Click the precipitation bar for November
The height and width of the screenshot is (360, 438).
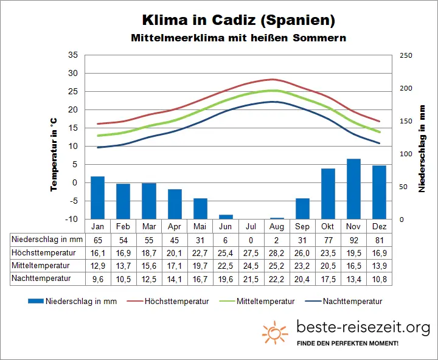353,189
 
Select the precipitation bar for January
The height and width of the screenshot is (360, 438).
98,198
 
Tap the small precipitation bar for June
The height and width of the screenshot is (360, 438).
226,216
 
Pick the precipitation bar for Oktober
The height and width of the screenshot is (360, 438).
328,193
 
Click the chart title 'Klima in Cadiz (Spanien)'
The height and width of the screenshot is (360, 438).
238,20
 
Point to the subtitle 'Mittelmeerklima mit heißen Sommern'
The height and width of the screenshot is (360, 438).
238,38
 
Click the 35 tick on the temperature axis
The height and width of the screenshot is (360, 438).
72,55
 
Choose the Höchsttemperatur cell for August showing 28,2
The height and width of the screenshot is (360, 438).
277,252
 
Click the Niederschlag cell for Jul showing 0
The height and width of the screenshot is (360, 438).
251,239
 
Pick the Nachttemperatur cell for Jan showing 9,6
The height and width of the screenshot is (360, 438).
98,278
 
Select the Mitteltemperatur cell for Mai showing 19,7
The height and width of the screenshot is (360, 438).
200,265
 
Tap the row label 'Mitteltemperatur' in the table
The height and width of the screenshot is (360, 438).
41,265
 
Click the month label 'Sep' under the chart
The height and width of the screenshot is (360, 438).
302,226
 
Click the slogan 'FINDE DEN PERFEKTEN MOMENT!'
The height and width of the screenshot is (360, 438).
347,344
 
